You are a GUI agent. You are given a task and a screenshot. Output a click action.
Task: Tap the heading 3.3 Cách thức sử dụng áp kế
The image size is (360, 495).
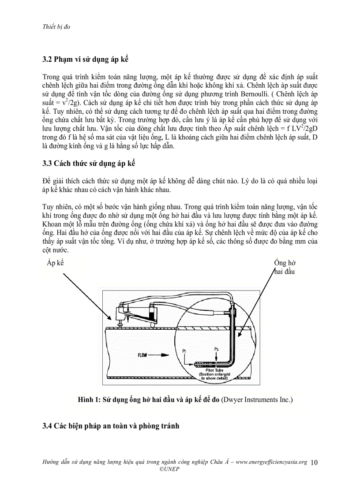point(89,164)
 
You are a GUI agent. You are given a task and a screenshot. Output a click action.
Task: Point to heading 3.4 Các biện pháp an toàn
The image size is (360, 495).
point(111,426)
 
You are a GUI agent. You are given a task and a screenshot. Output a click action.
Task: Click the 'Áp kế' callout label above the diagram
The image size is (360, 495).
point(55,263)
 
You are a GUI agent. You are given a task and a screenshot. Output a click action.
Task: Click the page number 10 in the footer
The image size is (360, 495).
point(314,462)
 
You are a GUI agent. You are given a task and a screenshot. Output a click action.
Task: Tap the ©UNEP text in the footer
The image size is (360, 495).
point(169,469)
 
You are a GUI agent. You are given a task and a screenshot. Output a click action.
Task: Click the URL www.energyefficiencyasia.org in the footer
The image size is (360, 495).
point(271,462)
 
